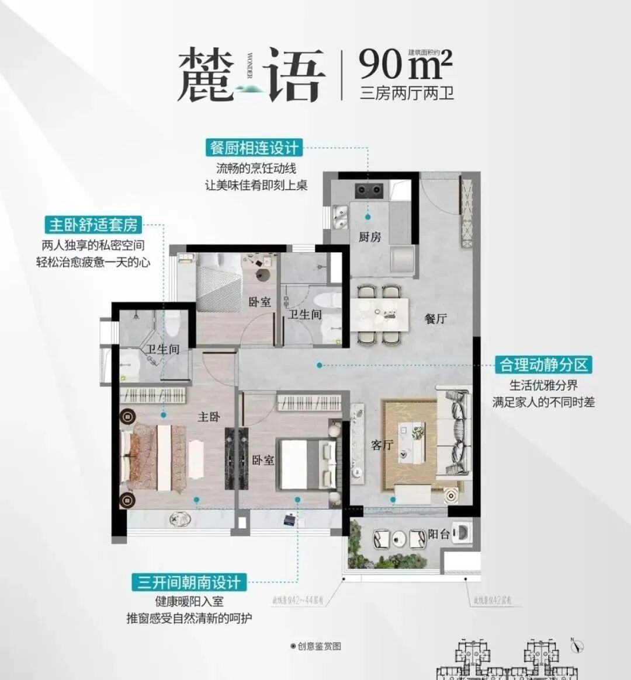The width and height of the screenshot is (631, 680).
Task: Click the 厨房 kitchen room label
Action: tap(370, 236)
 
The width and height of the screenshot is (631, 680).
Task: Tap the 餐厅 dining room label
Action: tap(436, 319)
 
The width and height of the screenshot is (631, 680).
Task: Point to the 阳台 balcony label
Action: tap(438, 533)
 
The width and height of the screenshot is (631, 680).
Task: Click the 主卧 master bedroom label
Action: tap(209, 417)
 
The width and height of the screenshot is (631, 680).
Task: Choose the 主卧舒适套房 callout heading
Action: tap(93, 225)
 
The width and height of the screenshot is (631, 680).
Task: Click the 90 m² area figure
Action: tap(405, 64)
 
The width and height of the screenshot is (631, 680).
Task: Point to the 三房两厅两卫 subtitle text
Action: tap(407, 93)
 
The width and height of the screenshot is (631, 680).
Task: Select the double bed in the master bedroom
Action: tap(154, 457)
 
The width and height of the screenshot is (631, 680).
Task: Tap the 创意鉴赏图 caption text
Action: tap(317, 646)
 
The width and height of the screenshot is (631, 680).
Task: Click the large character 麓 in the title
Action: tap(202, 75)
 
